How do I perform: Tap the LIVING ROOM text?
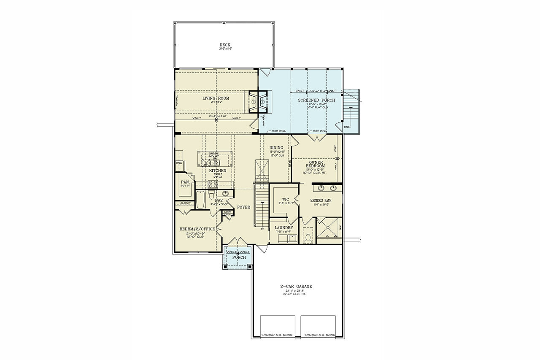pos(216,98)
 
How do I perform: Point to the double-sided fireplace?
pos(257,102)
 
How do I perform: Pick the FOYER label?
pos(243,207)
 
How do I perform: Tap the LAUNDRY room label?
pos(284,228)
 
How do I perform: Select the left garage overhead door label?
pos(277,335)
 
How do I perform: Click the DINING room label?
pos(276,148)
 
